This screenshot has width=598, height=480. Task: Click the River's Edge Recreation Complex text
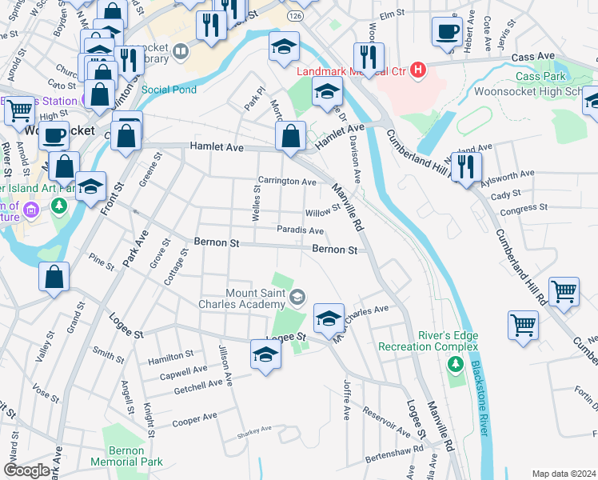pos(428,341)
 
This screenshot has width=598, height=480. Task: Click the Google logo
pos(26,470)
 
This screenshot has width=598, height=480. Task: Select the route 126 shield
pos(297,15)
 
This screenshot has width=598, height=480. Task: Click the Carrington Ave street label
pos(286,182)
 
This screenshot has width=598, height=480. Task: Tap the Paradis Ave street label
pos(300,230)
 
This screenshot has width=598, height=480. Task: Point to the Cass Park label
pos(540,77)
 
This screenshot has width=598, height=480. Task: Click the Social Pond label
pos(169,90)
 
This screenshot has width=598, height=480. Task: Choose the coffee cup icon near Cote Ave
pos(447,31)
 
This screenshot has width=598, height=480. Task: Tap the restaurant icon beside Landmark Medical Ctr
pos(369,57)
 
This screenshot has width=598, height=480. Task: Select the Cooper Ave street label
pos(195,418)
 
